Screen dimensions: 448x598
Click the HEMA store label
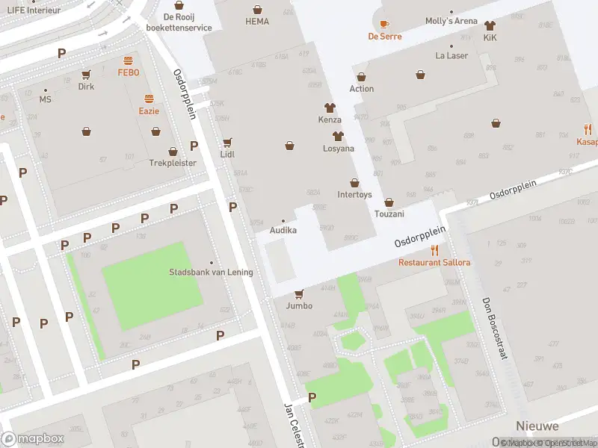tap(257, 22)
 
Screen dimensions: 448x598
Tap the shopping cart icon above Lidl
tap(227, 142)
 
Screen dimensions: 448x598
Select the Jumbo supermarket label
tap(299, 305)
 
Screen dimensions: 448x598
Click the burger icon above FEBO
tap(129, 60)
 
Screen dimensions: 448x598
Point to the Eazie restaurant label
tap(149, 111)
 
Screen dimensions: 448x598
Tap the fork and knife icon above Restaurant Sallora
tap(434, 250)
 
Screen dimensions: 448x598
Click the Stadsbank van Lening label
tap(211, 272)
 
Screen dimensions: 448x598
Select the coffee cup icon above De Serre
tap(385, 24)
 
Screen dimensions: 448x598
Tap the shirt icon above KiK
tap(490, 25)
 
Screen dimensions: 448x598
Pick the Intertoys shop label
tap(354, 195)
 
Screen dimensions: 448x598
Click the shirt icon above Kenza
tap(330, 108)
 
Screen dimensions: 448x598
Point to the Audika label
tap(283, 230)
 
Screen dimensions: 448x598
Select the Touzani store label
tap(389, 214)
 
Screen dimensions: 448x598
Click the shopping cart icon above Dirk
tap(86, 74)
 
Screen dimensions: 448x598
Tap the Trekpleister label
tap(173, 162)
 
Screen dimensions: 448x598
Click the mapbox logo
tap(32, 439)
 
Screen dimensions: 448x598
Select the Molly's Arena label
tap(451, 21)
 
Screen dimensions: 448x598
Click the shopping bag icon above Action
tap(362, 77)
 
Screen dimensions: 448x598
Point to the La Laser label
tap(451, 55)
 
